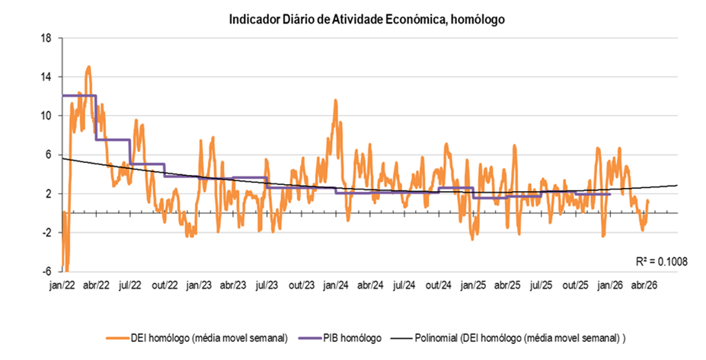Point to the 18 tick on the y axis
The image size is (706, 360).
click(46, 38)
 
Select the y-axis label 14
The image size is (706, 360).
click(46, 77)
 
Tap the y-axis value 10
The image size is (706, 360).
click(46, 116)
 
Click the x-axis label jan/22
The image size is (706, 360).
click(62, 285)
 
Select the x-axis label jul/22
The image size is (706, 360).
click(130, 285)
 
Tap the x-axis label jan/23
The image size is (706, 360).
click(199, 285)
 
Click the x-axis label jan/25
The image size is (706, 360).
click(473, 285)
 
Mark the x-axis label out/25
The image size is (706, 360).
click(575, 285)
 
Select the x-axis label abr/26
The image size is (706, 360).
click(644, 285)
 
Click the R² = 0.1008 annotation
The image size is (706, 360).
click(661, 261)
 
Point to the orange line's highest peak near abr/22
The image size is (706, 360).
click(88, 67)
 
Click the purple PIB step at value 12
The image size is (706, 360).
click(78, 96)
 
